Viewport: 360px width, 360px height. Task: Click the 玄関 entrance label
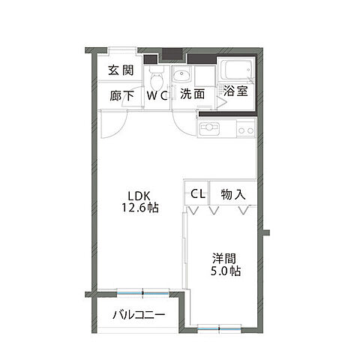click(121, 71)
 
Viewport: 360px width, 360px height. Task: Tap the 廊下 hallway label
click(121, 95)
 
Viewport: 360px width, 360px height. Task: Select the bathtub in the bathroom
click(238, 72)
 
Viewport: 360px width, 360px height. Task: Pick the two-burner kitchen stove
click(244, 130)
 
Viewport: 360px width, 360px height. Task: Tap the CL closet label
click(197, 194)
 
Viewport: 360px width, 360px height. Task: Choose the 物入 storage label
click(233, 194)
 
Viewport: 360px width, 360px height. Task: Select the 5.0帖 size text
click(223, 271)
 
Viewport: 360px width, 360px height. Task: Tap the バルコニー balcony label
click(139, 314)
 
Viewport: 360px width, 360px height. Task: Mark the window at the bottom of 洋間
click(219, 326)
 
